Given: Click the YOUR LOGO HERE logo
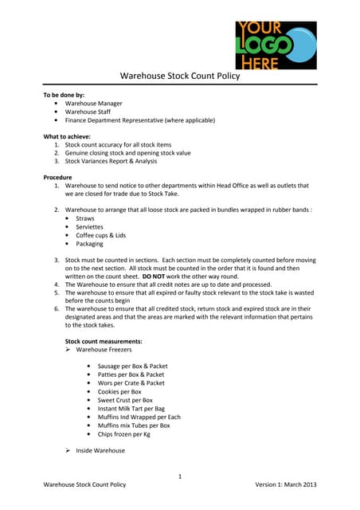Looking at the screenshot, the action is [275, 45].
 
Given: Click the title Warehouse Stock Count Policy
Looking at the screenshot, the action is [179, 76].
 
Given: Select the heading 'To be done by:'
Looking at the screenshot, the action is [63, 95].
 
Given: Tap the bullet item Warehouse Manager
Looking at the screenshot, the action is [93, 104].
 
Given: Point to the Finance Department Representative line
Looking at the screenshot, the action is [140, 120].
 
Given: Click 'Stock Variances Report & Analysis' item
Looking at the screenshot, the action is [112, 161].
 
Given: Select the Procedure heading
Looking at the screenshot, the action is [57, 177].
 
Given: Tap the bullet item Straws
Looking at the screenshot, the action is [84, 218].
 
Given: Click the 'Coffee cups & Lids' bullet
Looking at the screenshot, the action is [100, 236].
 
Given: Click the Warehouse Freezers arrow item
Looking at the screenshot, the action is [104, 350].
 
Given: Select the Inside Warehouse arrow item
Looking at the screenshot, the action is [100, 451].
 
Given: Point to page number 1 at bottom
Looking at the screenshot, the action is [180, 477].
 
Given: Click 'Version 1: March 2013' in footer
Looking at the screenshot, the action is [286, 484].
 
